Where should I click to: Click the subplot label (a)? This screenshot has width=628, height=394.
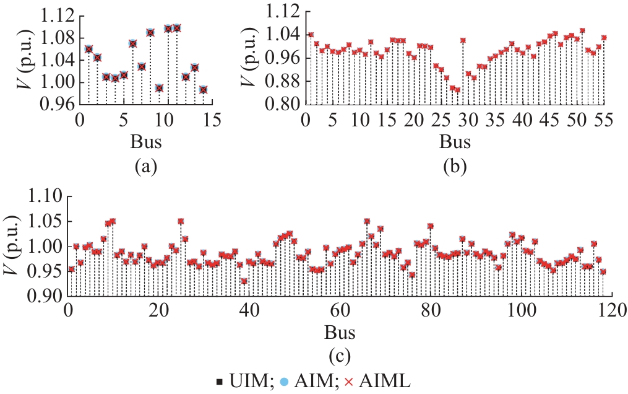coord(146,165)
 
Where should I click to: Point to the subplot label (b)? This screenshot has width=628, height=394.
coord(455,165)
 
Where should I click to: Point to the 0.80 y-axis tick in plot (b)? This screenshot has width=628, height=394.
coord(283,105)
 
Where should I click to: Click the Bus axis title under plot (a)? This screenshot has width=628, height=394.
coord(146,142)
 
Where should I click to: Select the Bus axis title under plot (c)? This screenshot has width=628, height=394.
coord(340,333)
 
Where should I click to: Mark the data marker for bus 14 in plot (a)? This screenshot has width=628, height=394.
coord(203,89)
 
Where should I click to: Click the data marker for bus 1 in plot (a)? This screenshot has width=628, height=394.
coord(88,49)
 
